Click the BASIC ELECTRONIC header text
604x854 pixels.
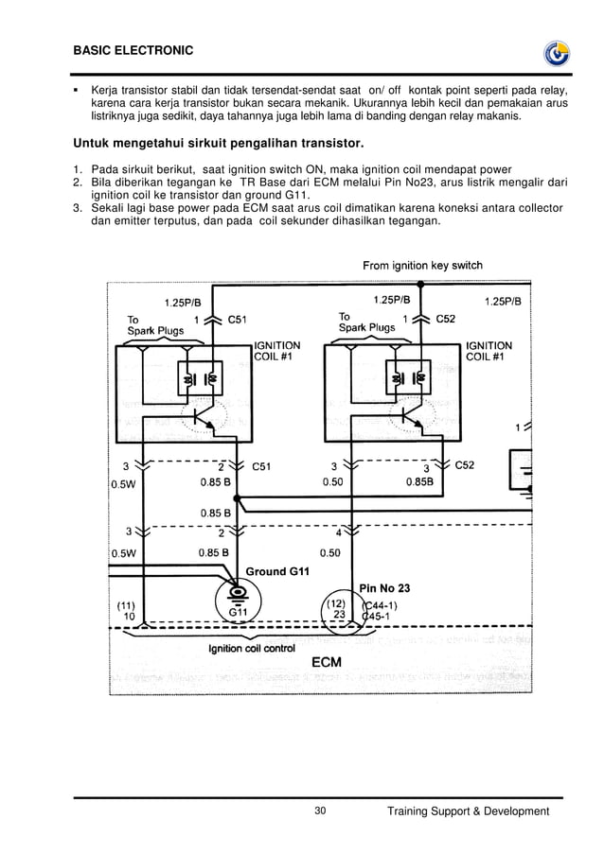133,49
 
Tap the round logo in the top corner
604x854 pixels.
555,54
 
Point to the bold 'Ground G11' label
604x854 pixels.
277,571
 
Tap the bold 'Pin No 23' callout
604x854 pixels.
384,588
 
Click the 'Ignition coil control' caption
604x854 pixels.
251,648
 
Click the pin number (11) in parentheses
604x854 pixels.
125,605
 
